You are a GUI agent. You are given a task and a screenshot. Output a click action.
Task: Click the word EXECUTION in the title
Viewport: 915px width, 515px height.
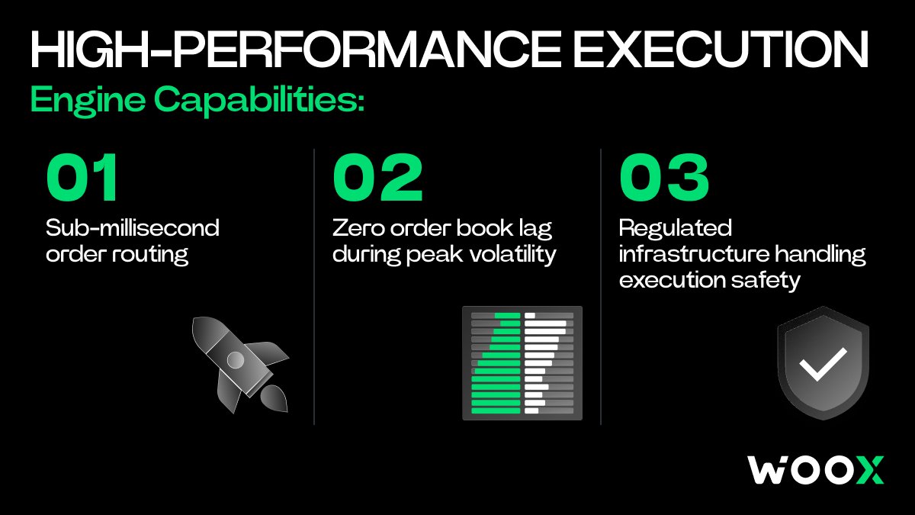(721, 50)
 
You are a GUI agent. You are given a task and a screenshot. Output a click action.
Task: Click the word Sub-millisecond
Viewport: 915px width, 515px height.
(133, 227)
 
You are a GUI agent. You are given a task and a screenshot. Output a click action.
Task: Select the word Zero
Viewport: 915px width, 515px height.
(358, 228)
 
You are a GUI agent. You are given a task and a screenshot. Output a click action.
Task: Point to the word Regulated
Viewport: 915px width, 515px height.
(676, 229)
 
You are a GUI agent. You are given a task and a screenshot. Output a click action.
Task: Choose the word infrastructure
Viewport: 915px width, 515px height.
(694, 254)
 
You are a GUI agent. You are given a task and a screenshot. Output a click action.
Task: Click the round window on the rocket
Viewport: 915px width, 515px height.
(236, 360)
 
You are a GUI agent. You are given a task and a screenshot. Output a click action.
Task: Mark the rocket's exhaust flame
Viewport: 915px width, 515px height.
(274, 398)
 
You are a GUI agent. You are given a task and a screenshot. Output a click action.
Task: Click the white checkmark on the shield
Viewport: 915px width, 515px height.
(823, 364)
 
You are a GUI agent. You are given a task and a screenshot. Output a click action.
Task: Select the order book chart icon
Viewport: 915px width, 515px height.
(522, 363)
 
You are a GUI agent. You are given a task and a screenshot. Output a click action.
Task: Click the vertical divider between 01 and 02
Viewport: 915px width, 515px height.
(314, 287)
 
